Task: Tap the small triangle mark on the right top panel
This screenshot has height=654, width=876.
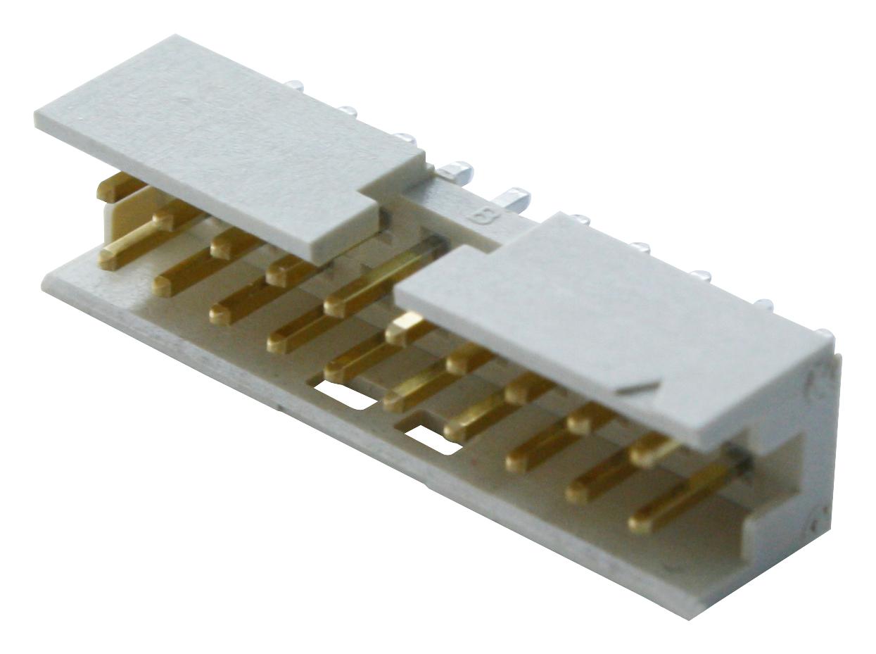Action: coord(637,386)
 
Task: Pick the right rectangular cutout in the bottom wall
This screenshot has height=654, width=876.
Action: coord(432,440)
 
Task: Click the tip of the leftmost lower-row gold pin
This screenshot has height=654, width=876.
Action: coord(110,258)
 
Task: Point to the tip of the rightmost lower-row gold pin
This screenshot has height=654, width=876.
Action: coord(640,522)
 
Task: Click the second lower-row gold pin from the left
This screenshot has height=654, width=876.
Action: coord(165,284)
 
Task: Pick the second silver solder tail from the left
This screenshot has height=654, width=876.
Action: coord(346,110)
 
